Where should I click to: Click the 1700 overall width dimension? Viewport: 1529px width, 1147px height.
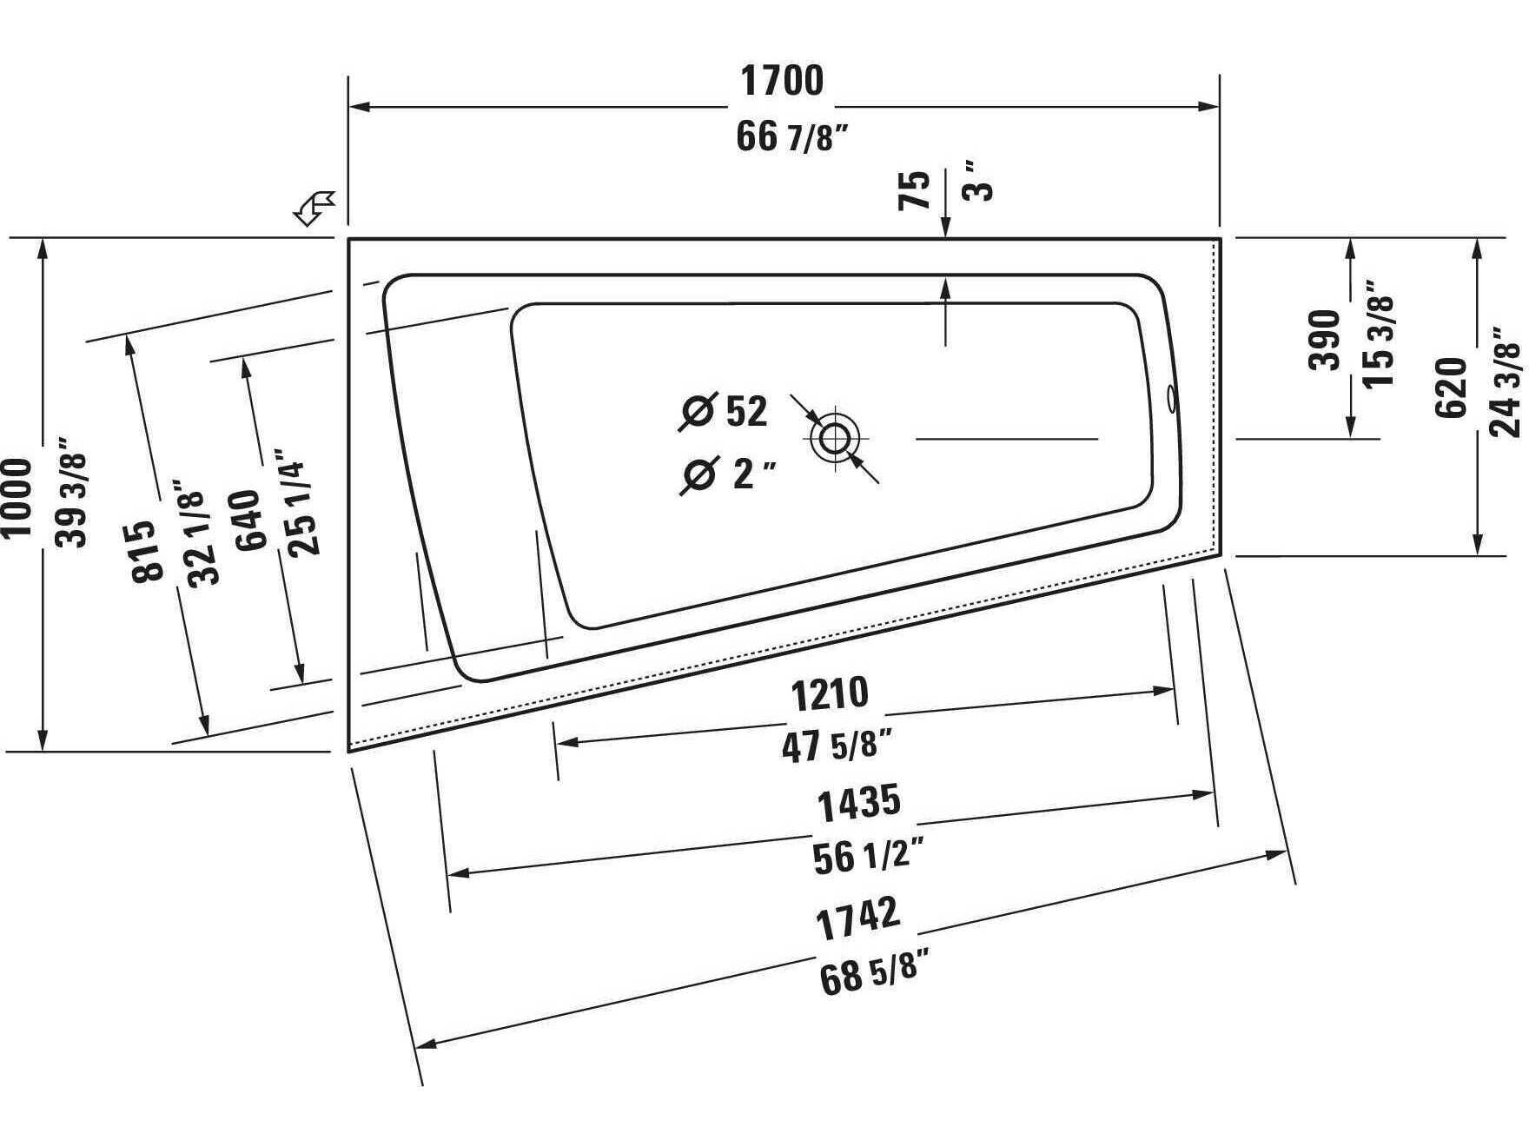(781, 81)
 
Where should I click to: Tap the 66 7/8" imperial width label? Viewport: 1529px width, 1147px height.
(791, 136)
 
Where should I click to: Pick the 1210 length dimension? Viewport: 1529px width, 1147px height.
(830, 693)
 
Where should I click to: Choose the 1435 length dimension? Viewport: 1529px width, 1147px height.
(858, 803)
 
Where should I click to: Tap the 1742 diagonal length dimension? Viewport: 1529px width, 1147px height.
(857, 918)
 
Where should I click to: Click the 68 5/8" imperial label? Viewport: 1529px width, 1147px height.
(868, 971)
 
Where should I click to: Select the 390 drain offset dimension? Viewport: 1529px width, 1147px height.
(1325, 339)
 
